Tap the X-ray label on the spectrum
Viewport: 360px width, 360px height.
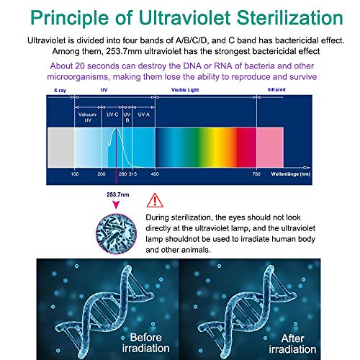(60, 91)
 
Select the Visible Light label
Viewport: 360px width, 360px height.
(186, 91)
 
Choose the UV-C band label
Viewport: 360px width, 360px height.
(112, 114)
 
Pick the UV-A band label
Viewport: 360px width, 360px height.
(143, 114)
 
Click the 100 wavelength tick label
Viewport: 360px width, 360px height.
(74, 174)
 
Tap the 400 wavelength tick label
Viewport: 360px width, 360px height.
(155, 174)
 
